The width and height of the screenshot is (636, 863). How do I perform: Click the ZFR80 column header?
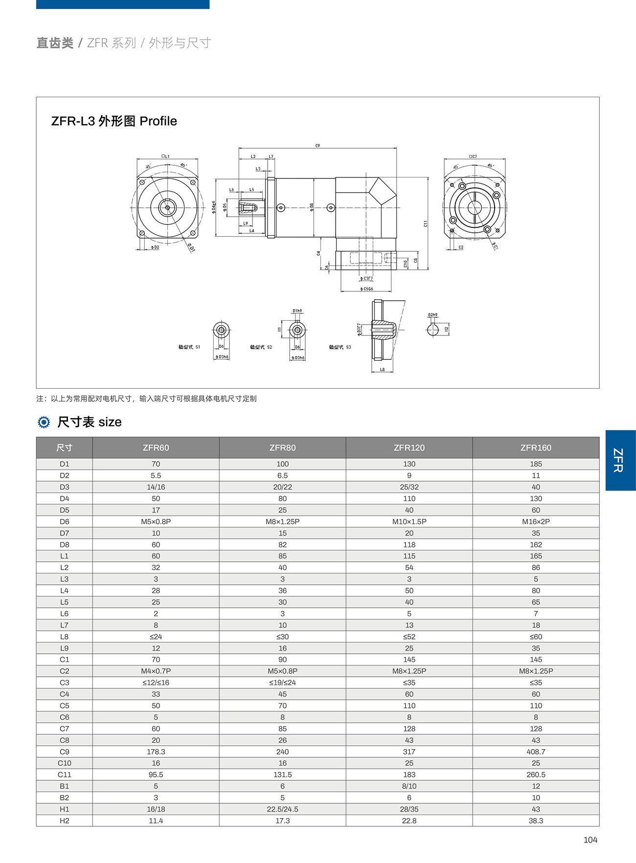point(282,447)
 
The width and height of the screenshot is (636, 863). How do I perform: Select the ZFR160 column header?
point(536,447)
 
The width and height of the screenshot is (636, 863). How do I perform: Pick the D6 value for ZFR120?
point(409,521)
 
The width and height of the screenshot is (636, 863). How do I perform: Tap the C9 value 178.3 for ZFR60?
point(156,752)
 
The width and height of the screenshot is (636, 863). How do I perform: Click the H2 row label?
point(64,820)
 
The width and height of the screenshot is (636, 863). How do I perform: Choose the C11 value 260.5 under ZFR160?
point(536,774)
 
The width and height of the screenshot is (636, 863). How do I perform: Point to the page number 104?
point(590,840)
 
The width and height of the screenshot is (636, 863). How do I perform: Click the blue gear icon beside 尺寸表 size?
point(44,422)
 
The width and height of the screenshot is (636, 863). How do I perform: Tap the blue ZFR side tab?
point(619,460)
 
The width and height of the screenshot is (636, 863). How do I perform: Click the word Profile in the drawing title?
point(158,121)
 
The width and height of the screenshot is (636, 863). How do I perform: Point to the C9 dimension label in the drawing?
point(318,146)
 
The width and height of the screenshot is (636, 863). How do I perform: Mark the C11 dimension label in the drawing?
point(426,223)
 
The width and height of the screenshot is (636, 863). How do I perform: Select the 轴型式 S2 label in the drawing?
point(261,347)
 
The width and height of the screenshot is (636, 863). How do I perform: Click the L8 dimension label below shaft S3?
point(382,370)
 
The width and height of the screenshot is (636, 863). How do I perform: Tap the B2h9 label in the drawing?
point(432,315)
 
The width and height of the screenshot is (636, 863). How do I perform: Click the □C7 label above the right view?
point(473,156)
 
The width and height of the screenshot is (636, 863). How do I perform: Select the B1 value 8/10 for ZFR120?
point(409,786)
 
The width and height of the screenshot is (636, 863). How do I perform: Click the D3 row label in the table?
point(64,487)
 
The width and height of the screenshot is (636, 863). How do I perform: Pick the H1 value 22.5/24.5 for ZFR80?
point(282,809)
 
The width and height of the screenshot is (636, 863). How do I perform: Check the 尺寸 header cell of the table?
point(64,447)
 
